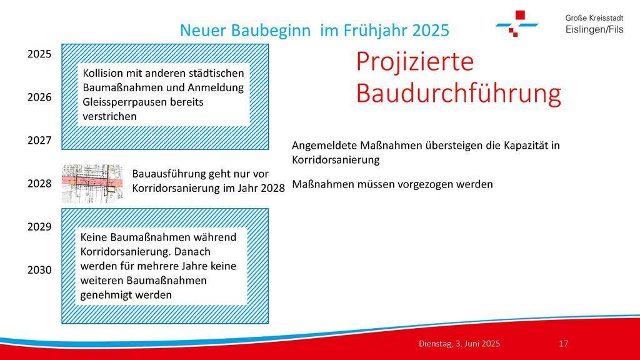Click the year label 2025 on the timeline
click(x=39, y=54)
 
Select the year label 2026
click(x=39, y=97)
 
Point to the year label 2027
click(x=39, y=141)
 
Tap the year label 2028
click(x=39, y=184)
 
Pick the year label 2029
click(x=39, y=227)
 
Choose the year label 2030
click(x=39, y=270)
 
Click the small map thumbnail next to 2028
click(x=92, y=184)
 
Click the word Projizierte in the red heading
click(x=415, y=62)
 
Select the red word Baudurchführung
click(x=458, y=94)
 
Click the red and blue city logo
click(x=517, y=24)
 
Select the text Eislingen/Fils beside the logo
click(x=594, y=29)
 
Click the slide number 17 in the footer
click(x=563, y=344)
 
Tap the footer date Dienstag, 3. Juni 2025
click(x=459, y=344)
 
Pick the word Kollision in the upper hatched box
click(x=103, y=74)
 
